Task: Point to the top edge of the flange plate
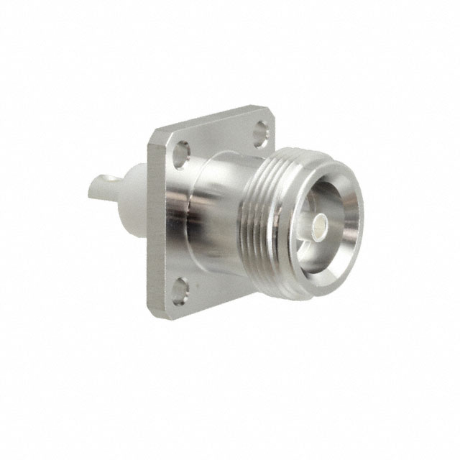pos(208,123)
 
